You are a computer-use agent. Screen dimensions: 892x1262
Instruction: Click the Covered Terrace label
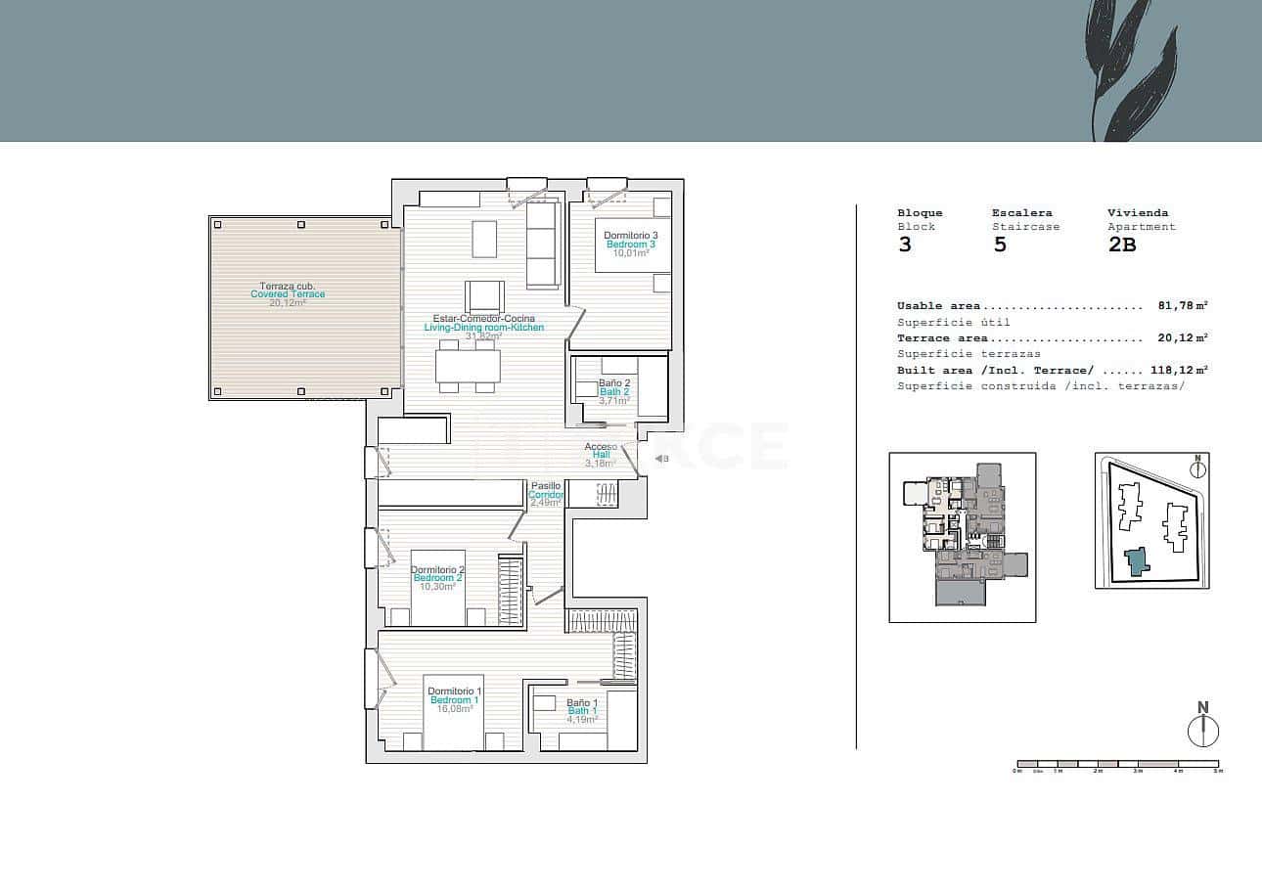click(x=288, y=294)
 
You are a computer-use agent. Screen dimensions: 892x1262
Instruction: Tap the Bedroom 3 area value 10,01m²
click(x=630, y=252)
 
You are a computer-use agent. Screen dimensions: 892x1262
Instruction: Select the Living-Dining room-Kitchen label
click(x=483, y=328)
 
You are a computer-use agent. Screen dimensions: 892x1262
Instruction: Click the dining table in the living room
click(x=468, y=366)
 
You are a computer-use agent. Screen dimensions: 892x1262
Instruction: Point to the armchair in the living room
click(x=484, y=296)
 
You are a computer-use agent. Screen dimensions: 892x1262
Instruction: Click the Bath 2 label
click(x=613, y=391)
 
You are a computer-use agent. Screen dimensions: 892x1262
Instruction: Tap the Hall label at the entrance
click(x=601, y=455)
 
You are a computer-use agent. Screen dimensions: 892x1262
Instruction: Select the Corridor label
click(x=546, y=495)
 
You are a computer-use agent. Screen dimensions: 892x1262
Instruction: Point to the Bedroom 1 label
click(x=454, y=700)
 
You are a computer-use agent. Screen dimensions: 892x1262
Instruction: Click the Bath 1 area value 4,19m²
click(x=581, y=720)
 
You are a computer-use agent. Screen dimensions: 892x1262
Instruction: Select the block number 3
click(x=905, y=245)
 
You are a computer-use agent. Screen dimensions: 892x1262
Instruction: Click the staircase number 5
click(x=999, y=245)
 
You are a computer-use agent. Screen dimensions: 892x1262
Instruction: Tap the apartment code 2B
click(x=1121, y=245)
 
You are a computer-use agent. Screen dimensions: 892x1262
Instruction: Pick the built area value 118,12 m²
click(x=1175, y=371)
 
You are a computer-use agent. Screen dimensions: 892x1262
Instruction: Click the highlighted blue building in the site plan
click(x=1135, y=562)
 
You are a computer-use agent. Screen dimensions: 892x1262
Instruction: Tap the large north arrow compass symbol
click(x=1202, y=730)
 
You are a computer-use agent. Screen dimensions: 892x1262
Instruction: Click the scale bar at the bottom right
click(x=1117, y=764)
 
